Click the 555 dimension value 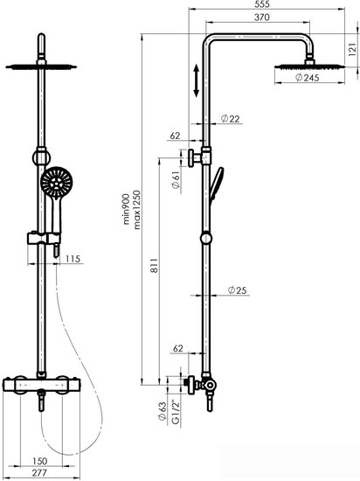[262, 4]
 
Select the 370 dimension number [262, 17]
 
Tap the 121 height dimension [353, 49]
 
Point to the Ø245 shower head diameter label [308, 78]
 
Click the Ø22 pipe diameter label [231, 118]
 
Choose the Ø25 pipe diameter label [238, 289]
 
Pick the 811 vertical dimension [155, 266]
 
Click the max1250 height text [137, 210]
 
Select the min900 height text [127, 209]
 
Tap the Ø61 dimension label [176, 180]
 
